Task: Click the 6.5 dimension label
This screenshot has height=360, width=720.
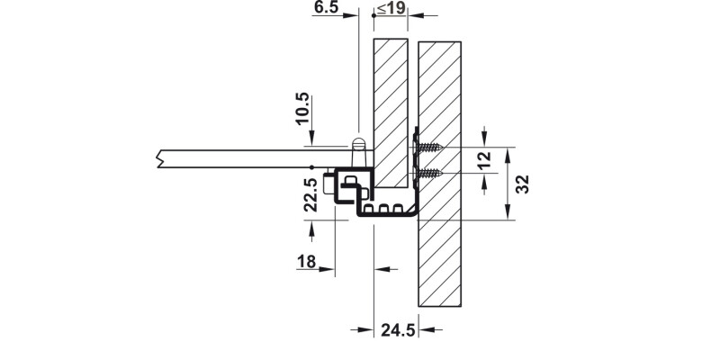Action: (326, 8)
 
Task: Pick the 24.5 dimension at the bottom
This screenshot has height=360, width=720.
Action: (397, 330)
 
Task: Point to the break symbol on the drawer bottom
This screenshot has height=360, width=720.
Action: (159, 157)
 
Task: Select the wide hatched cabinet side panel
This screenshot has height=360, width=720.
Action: (440, 171)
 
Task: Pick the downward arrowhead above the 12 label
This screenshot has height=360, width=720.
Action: (486, 139)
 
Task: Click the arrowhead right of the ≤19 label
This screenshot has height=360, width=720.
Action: (422, 15)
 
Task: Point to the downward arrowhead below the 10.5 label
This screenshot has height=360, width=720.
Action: (311, 139)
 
